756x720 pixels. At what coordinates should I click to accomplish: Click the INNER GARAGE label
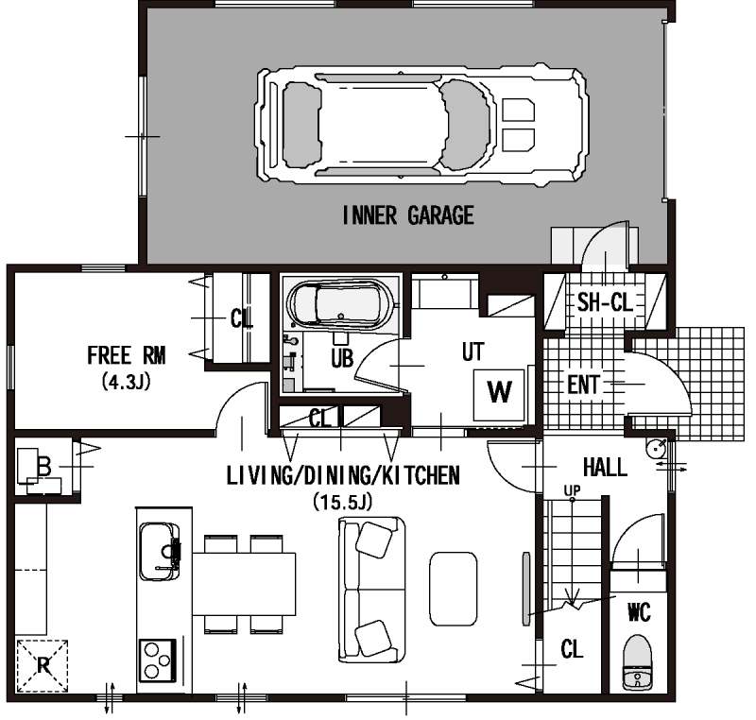pyautogui.click(x=408, y=215)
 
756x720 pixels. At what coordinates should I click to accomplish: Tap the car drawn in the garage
pyautogui.click(x=421, y=126)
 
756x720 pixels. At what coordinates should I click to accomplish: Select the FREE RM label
pyautogui.click(x=127, y=355)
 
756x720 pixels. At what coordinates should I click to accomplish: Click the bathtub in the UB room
pyautogui.click(x=341, y=303)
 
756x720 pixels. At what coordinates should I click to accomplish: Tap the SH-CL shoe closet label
pyautogui.click(x=605, y=302)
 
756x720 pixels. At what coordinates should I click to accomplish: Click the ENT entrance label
pyautogui.click(x=583, y=385)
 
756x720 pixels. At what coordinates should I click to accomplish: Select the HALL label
pyautogui.click(x=605, y=467)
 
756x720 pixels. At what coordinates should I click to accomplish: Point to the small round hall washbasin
pyautogui.click(x=656, y=449)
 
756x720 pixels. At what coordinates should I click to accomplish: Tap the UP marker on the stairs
pyautogui.click(x=573, y=490)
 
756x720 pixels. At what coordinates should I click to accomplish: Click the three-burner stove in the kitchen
pyautogui.click(x=158, y=660)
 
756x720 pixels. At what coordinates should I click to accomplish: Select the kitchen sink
pyautogui.click(x=160, y=551)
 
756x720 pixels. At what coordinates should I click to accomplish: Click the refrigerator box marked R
pyautogui.click(x=43, y=666)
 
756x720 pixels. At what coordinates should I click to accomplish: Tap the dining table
pyautogui.click(x=244, y=584)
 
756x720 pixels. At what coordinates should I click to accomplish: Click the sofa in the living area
pyautogui.click(x=371, y=590)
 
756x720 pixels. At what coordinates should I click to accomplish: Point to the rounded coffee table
pyautogui.click(x=454, y=589)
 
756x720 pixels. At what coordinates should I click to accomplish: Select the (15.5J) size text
pyautogui.click(x=343, y=501)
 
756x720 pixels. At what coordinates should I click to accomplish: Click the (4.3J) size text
pyautogui.click(x=127, y=382)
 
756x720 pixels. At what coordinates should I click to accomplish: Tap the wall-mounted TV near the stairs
pyautogui.click(x=526, y=589)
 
